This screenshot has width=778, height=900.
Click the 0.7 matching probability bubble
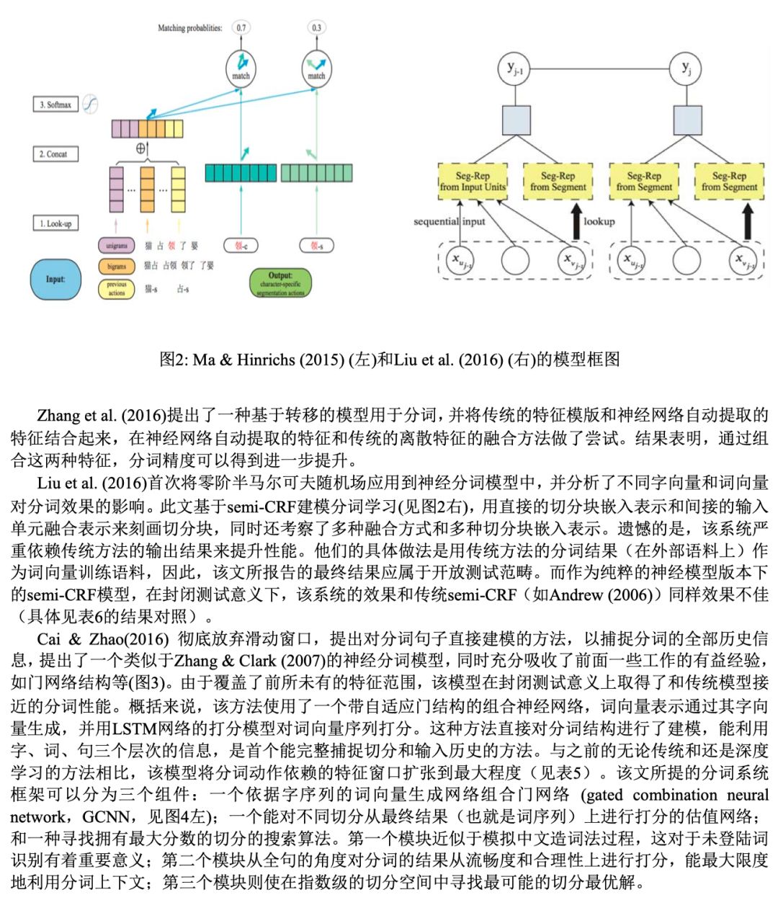tap(241, 28)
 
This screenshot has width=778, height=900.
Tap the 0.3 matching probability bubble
tap(316, 28)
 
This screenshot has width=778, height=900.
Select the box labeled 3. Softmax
tap(56, 104)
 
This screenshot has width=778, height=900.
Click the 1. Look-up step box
tap(56, 224)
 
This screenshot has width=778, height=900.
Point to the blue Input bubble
tap(55, 279)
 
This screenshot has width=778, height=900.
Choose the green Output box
tap(280, 283)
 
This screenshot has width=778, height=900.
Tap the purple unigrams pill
tap(117, 246)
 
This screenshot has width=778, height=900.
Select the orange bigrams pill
tap(117, 267)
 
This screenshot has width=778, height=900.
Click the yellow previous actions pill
tap(117, 289)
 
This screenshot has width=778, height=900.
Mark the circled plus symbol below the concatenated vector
tap(141, 149)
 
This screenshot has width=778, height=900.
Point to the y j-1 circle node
tap(515, 69)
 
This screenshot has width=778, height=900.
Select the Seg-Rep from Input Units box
tap(473, 182)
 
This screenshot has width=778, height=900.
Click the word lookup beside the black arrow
tap(599, 221)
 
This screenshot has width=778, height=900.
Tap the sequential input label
tap(450, 221)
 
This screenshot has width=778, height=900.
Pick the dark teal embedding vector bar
tap(240, 173)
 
